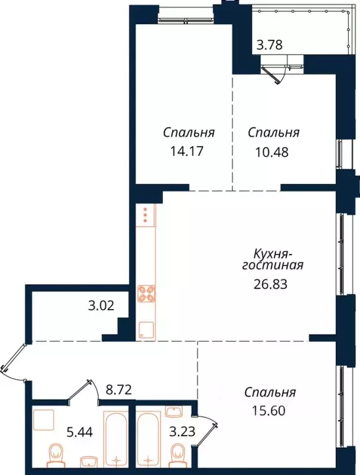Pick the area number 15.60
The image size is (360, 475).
pos(269,409)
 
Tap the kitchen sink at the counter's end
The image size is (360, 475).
pos(146,330)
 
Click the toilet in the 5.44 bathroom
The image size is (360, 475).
pos(56,455)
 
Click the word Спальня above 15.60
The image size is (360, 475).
pos(269,392)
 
